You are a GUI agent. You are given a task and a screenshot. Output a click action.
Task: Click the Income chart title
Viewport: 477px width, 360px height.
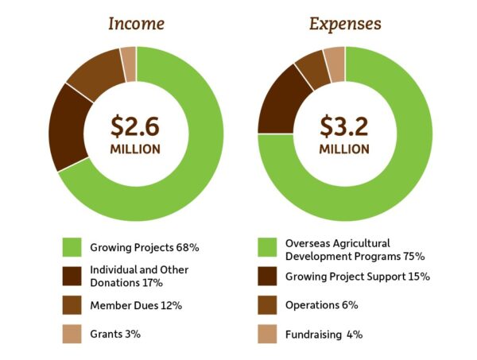coord(136,23)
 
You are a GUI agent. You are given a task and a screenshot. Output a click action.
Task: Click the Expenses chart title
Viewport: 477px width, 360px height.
coord(344,23)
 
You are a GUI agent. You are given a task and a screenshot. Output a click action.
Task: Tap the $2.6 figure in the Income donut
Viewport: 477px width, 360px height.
coord(136,126)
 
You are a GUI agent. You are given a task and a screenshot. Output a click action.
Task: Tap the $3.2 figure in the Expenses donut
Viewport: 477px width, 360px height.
coord(344,126)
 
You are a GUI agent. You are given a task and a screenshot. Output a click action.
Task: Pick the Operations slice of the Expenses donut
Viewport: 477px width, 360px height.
coord(312,70)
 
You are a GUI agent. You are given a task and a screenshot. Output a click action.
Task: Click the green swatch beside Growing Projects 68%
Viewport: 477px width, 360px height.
coord(72,247)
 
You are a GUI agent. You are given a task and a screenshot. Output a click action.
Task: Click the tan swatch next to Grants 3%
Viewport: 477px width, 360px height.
coord(72,334)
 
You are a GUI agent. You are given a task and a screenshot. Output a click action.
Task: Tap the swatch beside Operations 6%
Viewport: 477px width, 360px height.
coord(270,305)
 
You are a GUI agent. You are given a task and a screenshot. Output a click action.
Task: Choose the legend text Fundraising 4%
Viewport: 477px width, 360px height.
coord(325,335)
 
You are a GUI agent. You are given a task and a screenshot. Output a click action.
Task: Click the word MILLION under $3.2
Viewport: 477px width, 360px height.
coord(344,149)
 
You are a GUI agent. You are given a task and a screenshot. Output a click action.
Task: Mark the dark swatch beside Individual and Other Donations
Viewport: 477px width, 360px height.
coord(72,276)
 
